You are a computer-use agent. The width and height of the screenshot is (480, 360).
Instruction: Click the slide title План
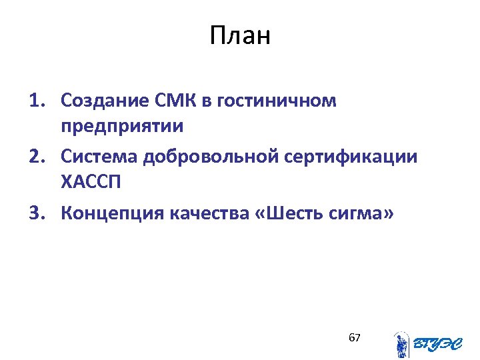click(240, 36)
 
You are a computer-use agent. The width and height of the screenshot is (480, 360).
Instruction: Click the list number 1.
click(37, 101)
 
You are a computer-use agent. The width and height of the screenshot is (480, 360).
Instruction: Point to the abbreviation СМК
click(175, 101)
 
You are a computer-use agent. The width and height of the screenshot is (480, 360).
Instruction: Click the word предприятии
click(121, 125)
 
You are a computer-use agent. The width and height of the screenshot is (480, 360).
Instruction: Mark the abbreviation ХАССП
click(89, 181)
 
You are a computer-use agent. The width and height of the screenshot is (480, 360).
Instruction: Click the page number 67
click(355, 338)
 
